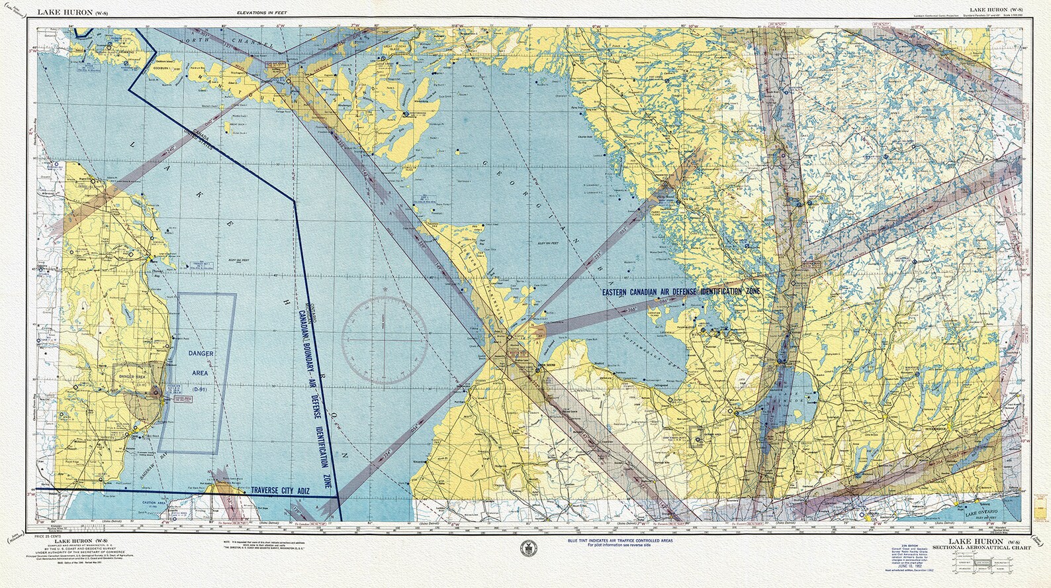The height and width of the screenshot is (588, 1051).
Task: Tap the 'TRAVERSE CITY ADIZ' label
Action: coord(280,491)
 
